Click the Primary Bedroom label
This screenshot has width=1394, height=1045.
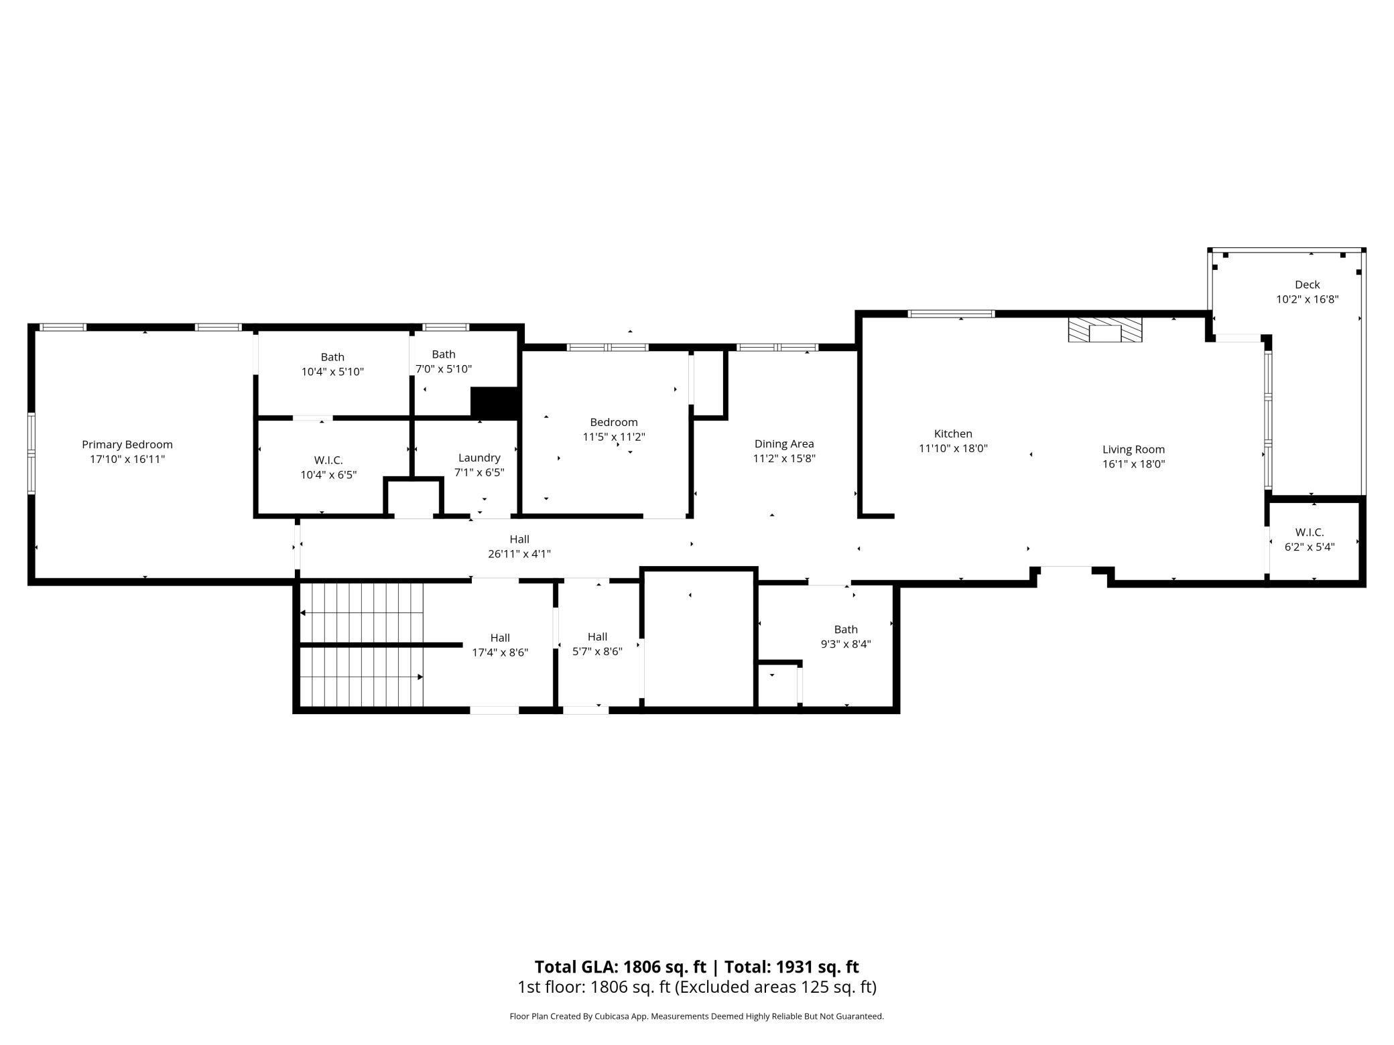coord(127,444)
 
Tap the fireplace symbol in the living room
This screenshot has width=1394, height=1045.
coord(1105,330)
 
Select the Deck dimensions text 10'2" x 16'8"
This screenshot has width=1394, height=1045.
coord(1308,299)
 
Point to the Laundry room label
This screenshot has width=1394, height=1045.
coord(479,458)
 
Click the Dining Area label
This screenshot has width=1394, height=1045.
coord(784,443)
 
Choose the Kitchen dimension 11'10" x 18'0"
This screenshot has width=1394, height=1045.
coord(953,448)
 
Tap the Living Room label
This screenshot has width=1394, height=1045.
coord(1134,449)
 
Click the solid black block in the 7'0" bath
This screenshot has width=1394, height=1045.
coord(495,403)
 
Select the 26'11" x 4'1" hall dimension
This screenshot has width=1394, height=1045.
coord(519,554)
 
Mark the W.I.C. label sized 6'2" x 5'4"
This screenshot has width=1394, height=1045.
coord(1310,533)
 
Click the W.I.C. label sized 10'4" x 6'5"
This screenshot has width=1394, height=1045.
coord(328,460)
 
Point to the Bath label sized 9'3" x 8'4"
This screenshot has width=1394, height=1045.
coord(846,629)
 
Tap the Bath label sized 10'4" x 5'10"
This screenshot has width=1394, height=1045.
coord(332,357)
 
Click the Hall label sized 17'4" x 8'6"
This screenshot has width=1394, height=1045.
coord(500,638)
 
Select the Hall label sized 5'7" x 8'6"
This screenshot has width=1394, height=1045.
coord(597,637)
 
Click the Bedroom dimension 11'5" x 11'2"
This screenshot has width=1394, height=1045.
coord(614,437)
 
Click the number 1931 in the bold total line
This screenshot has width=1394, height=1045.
coord(795,967)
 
